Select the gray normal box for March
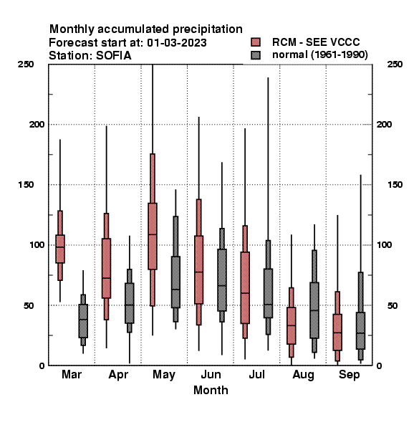[83, 321]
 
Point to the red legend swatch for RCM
[256, 42]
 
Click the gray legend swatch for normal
[256, 55]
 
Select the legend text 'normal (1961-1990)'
[320, 55]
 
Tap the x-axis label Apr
[118, 375]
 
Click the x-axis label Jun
[211, 374]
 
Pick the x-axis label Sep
[349, 375]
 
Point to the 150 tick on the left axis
[26, 185]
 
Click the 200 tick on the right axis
[384, 124]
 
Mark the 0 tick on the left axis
[42, 365]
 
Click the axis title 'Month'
[211, 390]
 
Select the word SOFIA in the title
[113, 56]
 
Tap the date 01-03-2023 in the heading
[177, 43]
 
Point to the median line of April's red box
[106, 278]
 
